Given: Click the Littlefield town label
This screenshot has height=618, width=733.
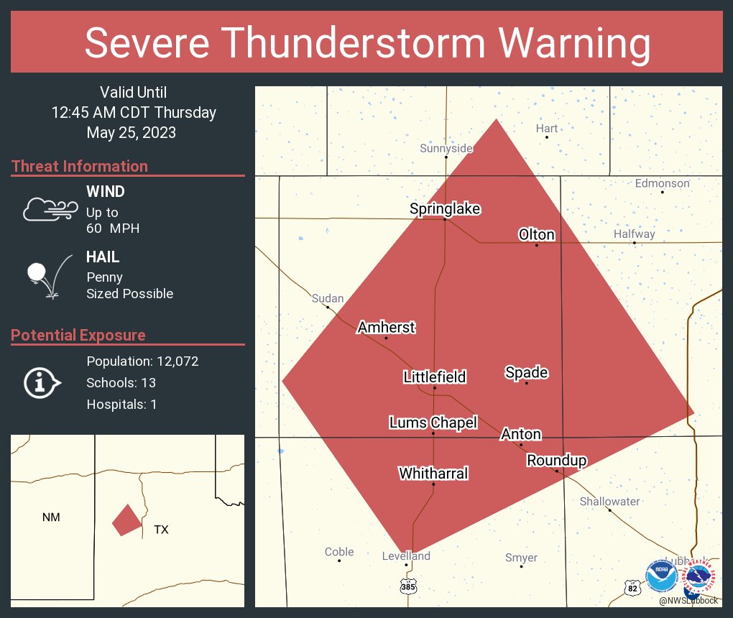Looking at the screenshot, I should coord(434,377).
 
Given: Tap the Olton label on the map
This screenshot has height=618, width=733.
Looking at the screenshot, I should coord(536,234).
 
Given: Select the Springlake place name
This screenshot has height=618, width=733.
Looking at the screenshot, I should coord(445,208).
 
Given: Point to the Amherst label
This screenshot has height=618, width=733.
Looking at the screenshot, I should coord(386,327).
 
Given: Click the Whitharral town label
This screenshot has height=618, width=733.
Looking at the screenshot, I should coord(433,473).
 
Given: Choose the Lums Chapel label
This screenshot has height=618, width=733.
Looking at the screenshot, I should coord(433,423).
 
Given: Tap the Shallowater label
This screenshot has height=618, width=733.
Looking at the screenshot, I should coord(609,501).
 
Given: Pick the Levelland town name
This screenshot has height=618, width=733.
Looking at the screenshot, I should coord(406,555).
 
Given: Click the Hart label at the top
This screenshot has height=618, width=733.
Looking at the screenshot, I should coord(546,128).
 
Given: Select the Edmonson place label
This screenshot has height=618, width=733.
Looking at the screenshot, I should coord(662,183).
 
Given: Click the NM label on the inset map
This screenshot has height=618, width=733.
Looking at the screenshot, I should coord(51,517).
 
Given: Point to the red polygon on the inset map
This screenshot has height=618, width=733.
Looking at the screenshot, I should coord(126,520).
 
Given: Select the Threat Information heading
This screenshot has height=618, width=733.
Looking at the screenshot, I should coord(80,166).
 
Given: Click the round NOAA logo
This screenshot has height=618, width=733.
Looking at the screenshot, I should coord(661,576).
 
